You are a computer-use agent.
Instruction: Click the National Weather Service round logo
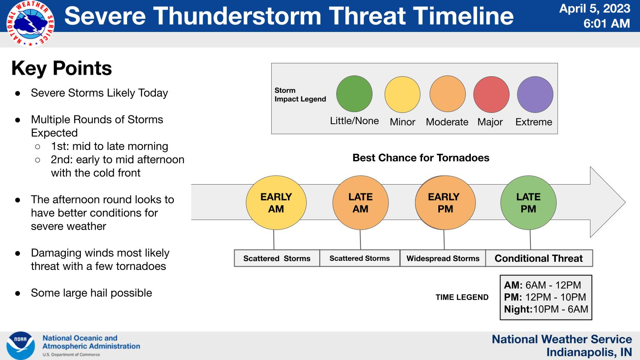30,23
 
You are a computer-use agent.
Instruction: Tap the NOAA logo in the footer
20,346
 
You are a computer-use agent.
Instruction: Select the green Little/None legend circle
354,94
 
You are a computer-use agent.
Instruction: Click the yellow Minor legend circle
402,94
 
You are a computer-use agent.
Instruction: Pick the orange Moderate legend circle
447,94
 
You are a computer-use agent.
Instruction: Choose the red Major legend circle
491,94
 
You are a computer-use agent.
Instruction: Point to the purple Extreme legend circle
535,94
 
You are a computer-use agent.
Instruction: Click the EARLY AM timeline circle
276,202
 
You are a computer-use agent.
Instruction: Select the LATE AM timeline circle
360,202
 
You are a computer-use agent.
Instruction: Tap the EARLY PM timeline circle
445,202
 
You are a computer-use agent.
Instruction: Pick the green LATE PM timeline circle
529,202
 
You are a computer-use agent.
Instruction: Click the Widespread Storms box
443,258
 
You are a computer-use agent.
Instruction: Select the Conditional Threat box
539,258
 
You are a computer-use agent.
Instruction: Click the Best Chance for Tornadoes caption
421,158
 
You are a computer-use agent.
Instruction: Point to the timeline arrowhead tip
625,202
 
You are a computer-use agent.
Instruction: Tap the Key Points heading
61,68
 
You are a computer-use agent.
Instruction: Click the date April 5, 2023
595,9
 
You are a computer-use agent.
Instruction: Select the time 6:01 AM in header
607,23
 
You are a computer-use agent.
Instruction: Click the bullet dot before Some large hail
18,293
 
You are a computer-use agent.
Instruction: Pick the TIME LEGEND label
462,297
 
